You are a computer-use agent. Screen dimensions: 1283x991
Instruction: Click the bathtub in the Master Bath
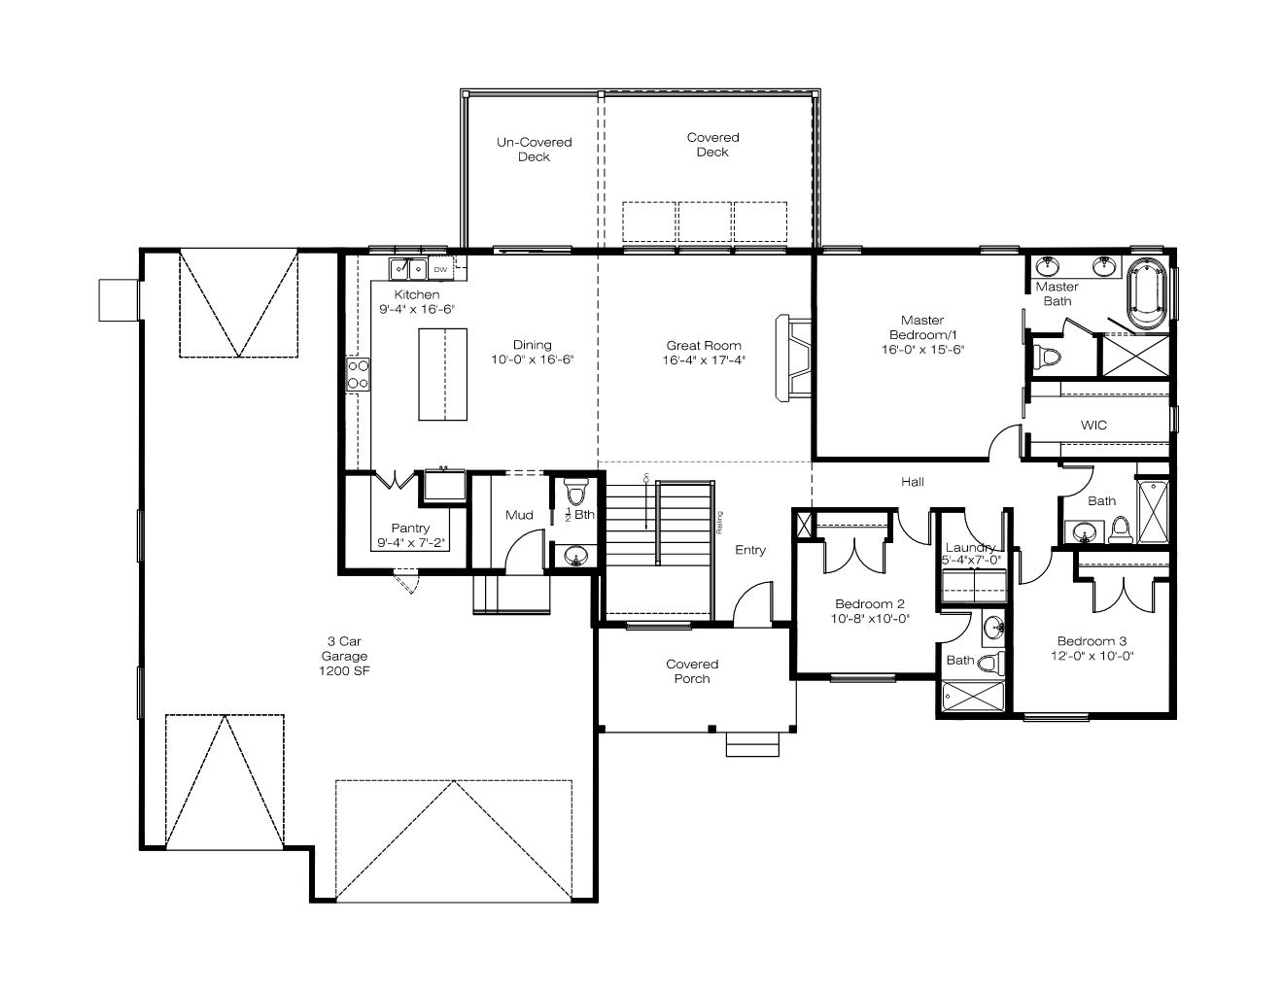(x=1147, y=293)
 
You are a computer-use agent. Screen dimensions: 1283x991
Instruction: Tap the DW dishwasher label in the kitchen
(x=440, y=269)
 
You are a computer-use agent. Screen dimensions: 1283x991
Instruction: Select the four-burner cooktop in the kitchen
(x=358, y=374)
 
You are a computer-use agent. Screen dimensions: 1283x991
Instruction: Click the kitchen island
(x=442, y=374)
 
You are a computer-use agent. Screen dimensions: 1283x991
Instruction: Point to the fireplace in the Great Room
(x=793, y=359)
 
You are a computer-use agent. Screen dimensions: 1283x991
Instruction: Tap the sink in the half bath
(x=575, y=556)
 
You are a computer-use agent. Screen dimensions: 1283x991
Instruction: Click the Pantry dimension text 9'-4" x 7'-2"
(x=411, y=543)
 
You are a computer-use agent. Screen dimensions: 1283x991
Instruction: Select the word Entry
(x=749, y=550)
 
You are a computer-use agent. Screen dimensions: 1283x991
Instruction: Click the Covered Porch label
(x=692, y=671)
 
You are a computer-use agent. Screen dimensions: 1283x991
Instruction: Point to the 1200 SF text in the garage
(x=344, y=670)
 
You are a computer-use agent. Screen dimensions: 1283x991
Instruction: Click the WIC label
(x=1093, y=425)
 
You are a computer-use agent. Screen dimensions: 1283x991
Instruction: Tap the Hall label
(x=913, y=482)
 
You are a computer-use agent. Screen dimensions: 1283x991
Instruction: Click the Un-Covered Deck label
(x=534, y=150)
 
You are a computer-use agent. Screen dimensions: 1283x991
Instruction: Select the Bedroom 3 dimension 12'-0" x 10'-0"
(x=1092, y=656)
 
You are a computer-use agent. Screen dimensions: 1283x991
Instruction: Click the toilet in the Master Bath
(x=1047, y=356)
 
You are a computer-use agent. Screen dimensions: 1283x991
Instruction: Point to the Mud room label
(x=519, y=515)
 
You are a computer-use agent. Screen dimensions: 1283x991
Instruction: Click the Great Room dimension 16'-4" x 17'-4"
(x=704, y=360)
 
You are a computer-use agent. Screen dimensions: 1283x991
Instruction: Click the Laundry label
(x=970, y=547)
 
